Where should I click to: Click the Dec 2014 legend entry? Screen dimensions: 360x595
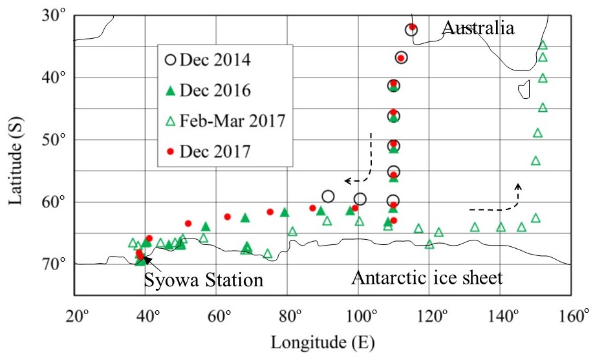pos(208,60)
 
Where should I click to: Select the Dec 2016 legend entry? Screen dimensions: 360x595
pos(208,91)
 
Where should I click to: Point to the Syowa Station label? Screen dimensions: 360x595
pos(203,281)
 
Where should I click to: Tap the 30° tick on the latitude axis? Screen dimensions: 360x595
pos(54,16)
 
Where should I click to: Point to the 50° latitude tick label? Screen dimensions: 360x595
pos(54,140)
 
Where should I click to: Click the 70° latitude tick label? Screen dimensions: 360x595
pos(54,264)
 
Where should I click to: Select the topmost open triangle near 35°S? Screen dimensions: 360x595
pos(543,45)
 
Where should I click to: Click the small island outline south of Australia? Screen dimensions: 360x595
pos(525,89)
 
